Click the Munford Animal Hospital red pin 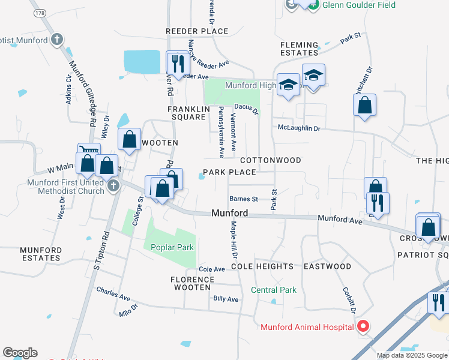(363, 326)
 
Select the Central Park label (274, 290)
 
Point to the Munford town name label (230, 213)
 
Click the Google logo (20, 353)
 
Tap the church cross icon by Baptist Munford (57, 40)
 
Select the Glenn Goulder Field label (359, 5)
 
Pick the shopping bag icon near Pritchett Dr (365, 106)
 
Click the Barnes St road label (243, 199)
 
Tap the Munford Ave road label (340, 220)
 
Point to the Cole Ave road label (211, 269)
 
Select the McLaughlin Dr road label (299, 128)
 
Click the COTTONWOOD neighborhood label (270, 161)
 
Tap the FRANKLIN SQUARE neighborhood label (187, 113)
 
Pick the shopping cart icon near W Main (88, 152)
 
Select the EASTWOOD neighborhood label (327, 266)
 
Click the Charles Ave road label (113, 293)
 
